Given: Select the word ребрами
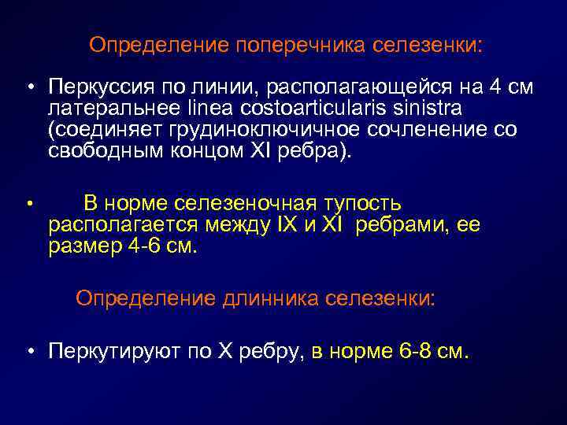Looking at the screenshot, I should (x=391, y=225).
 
